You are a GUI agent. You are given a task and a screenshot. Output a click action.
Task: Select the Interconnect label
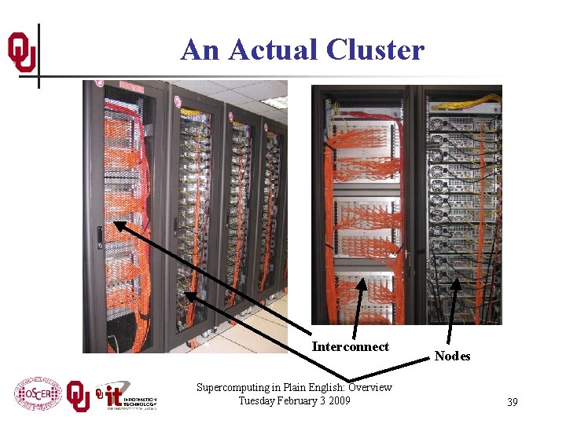(x=350, y=347)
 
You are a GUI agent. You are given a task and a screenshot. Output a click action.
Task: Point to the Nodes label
(x=452, y=356)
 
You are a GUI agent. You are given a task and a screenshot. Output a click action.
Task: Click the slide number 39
(x=512, y=402)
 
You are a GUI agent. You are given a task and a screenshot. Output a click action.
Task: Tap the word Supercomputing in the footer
(x=233, y=387)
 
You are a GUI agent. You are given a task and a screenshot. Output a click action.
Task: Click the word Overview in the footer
(x=369, y=387)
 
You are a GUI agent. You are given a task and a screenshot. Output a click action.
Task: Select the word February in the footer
(x=292, y=400)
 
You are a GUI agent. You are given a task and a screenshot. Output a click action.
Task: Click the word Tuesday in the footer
(x=255, y=400)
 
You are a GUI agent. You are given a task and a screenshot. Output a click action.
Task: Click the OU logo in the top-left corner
(x=21, y=53)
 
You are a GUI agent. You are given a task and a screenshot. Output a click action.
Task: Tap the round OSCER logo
(x=38, y=394)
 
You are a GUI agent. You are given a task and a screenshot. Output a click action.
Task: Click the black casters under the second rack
(x=193, y=344)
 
